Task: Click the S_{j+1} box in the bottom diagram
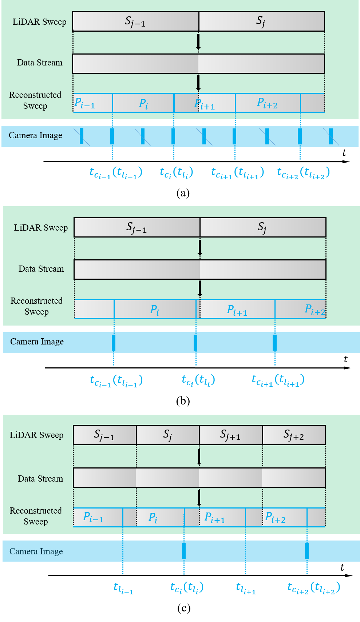pos(230,435)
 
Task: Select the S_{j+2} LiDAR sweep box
pos(293,435)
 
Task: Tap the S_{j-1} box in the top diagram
pos(135,21)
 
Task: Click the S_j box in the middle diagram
pos(262,228)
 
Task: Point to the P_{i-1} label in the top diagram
pos(84,103)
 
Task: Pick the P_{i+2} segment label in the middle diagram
pos(315,310)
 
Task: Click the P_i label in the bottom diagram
pos(153,518)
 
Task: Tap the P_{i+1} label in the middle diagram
pos(237,310)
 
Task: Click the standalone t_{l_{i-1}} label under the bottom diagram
pos(123,588)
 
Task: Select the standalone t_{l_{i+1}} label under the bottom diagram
pos(246,588)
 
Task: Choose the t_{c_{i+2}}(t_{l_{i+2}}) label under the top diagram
pos(303,172)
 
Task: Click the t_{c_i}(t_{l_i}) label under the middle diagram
pos(198,380)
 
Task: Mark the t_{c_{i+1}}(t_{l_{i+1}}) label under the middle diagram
pos(278,380)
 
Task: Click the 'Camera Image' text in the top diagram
pos(36,136)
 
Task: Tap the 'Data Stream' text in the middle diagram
pos(41,269)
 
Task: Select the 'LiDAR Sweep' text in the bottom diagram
pos(36,435)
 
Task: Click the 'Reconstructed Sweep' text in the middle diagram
pos(36,306)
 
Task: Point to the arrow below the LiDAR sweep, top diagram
pos(198,42)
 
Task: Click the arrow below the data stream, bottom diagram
pos(199,498)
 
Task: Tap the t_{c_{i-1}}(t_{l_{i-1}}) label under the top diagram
pos(116,172)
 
